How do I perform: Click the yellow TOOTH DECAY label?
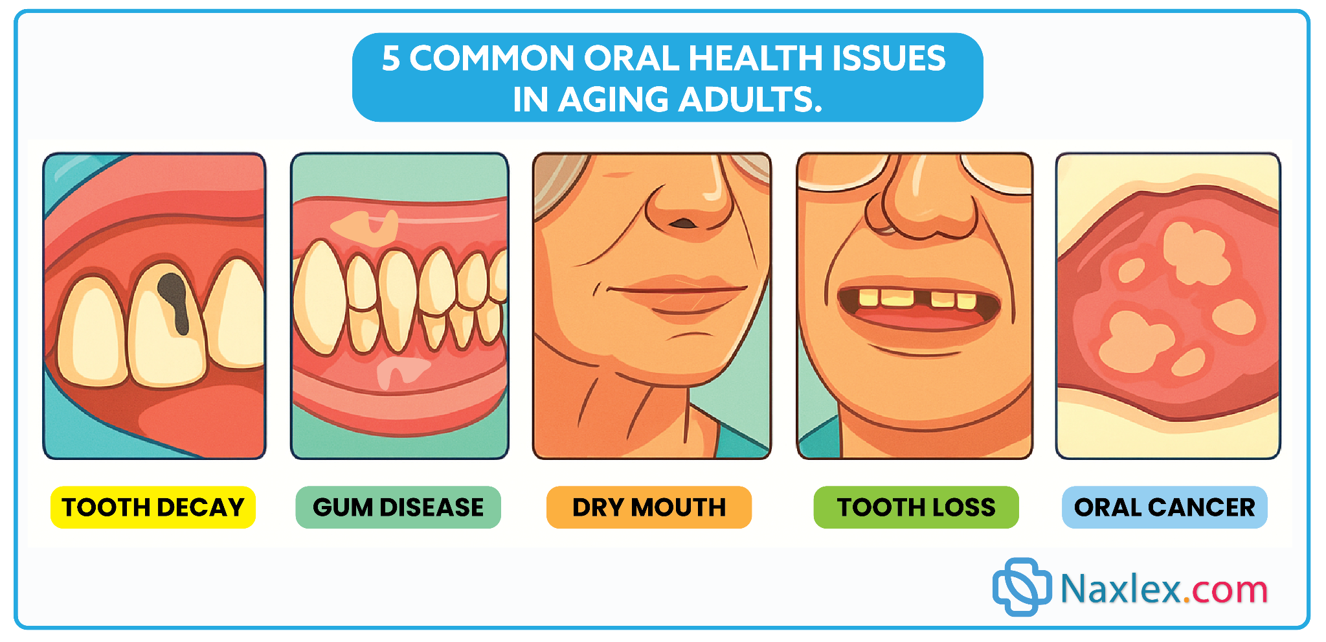pyautogui.click(x=153, y=507)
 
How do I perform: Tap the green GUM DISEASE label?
pyautogui.click(x=398, y=507)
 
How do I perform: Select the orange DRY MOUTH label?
pyautogui.click(x=649, y=507)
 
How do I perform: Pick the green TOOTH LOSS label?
pyautogui.click(x=916, y=507)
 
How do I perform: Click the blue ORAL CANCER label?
pyautogui.click(x=1165, y=507)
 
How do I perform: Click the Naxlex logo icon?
pyautogui.click(x=1022, y=587)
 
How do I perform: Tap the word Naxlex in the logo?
pyautogui.click(x=1120, y=589)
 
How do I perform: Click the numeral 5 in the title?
pyautogui.click(x=391, y=58)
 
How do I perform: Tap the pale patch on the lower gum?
pyautogui.click(x=401, y=373)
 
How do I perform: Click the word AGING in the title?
pyautogui.click(x=612, y=100)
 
